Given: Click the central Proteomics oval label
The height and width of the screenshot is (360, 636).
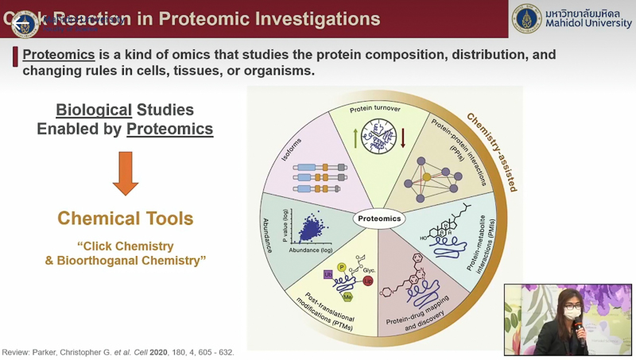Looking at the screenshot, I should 380,219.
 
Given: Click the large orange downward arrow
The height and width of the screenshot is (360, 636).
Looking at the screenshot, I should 126,172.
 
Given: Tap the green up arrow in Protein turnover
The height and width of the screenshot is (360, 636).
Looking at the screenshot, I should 355,137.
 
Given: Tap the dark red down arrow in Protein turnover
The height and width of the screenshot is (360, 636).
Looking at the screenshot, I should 403,137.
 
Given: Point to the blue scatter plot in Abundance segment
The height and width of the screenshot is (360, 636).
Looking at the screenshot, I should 305,230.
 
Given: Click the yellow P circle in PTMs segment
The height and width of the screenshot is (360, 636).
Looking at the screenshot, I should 342,267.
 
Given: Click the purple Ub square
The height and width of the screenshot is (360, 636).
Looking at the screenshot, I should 328,275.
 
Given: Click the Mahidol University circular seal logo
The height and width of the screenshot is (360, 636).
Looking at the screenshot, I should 526,18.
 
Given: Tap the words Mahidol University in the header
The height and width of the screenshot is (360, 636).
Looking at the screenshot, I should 588,25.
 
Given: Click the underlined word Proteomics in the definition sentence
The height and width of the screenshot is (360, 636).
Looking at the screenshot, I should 59,55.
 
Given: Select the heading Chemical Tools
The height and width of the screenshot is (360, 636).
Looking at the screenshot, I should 126,218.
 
